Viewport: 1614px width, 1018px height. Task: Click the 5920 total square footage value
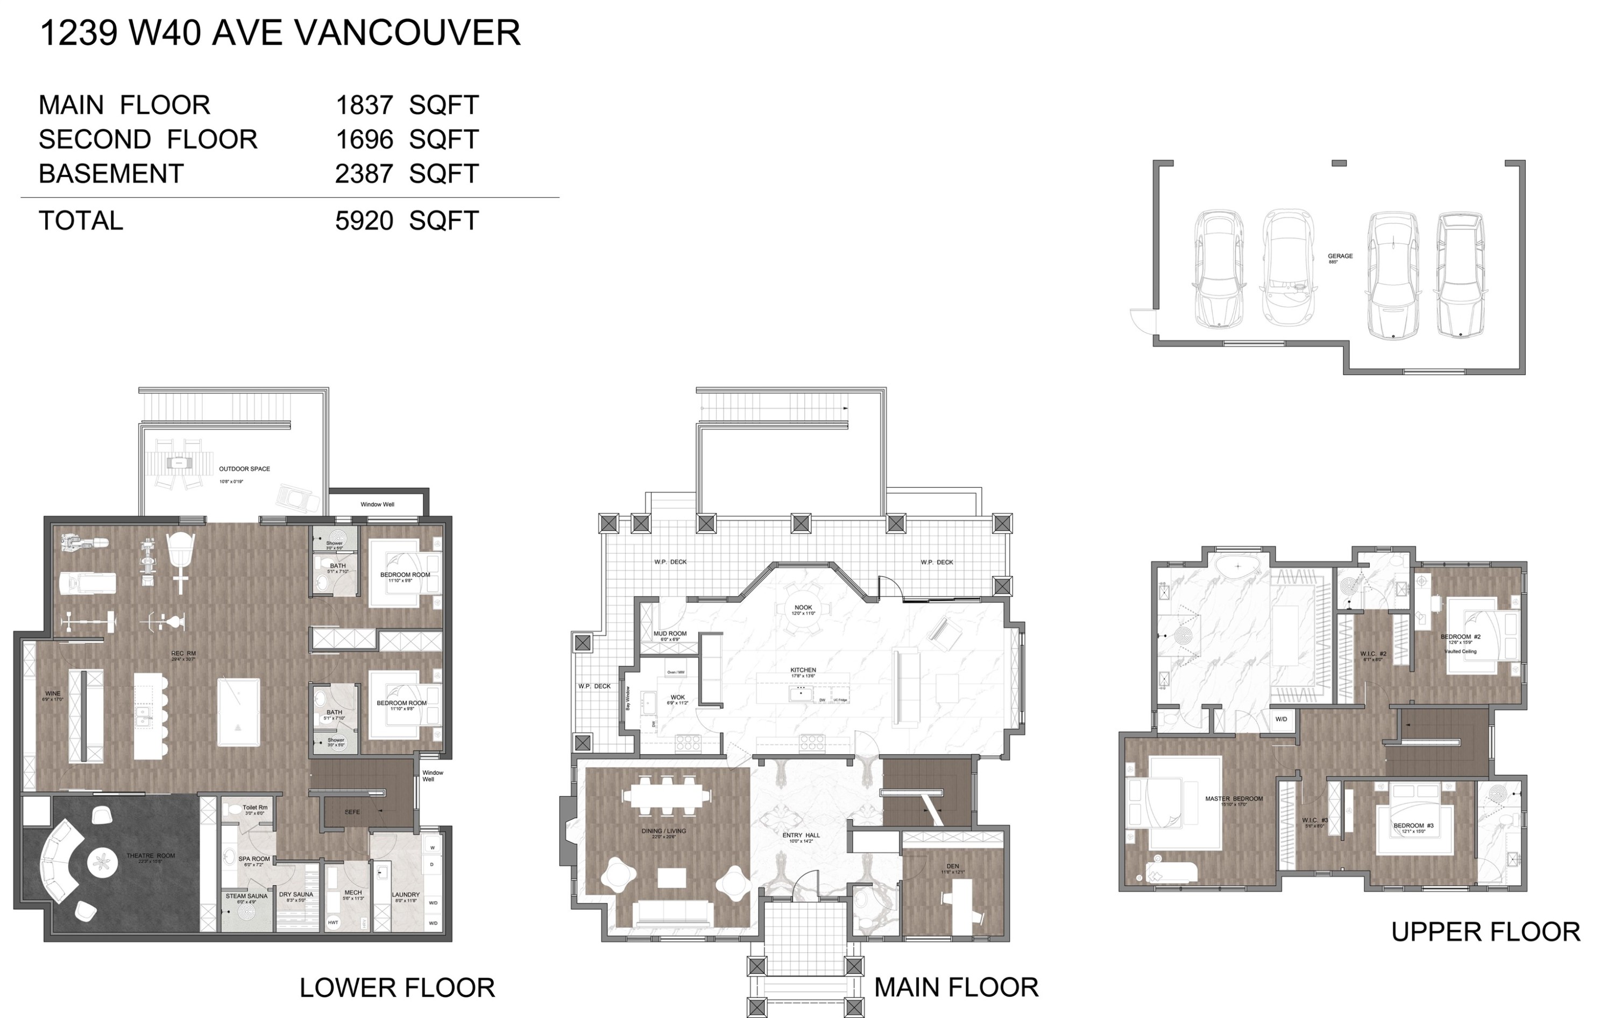click(364, 221)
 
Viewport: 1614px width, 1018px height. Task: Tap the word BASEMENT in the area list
click(111, 174)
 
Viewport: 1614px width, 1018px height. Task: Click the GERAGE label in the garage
click(1340, 256)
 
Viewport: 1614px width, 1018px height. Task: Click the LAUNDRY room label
click(406, 895)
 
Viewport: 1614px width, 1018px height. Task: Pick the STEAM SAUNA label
click(246, 896)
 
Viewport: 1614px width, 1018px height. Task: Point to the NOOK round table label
click(803, 608)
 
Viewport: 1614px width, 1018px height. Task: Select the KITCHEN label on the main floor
click(803, 670)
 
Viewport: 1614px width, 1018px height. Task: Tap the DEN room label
click(952, 866)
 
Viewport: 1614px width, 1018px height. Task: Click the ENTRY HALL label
click(801, 836)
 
